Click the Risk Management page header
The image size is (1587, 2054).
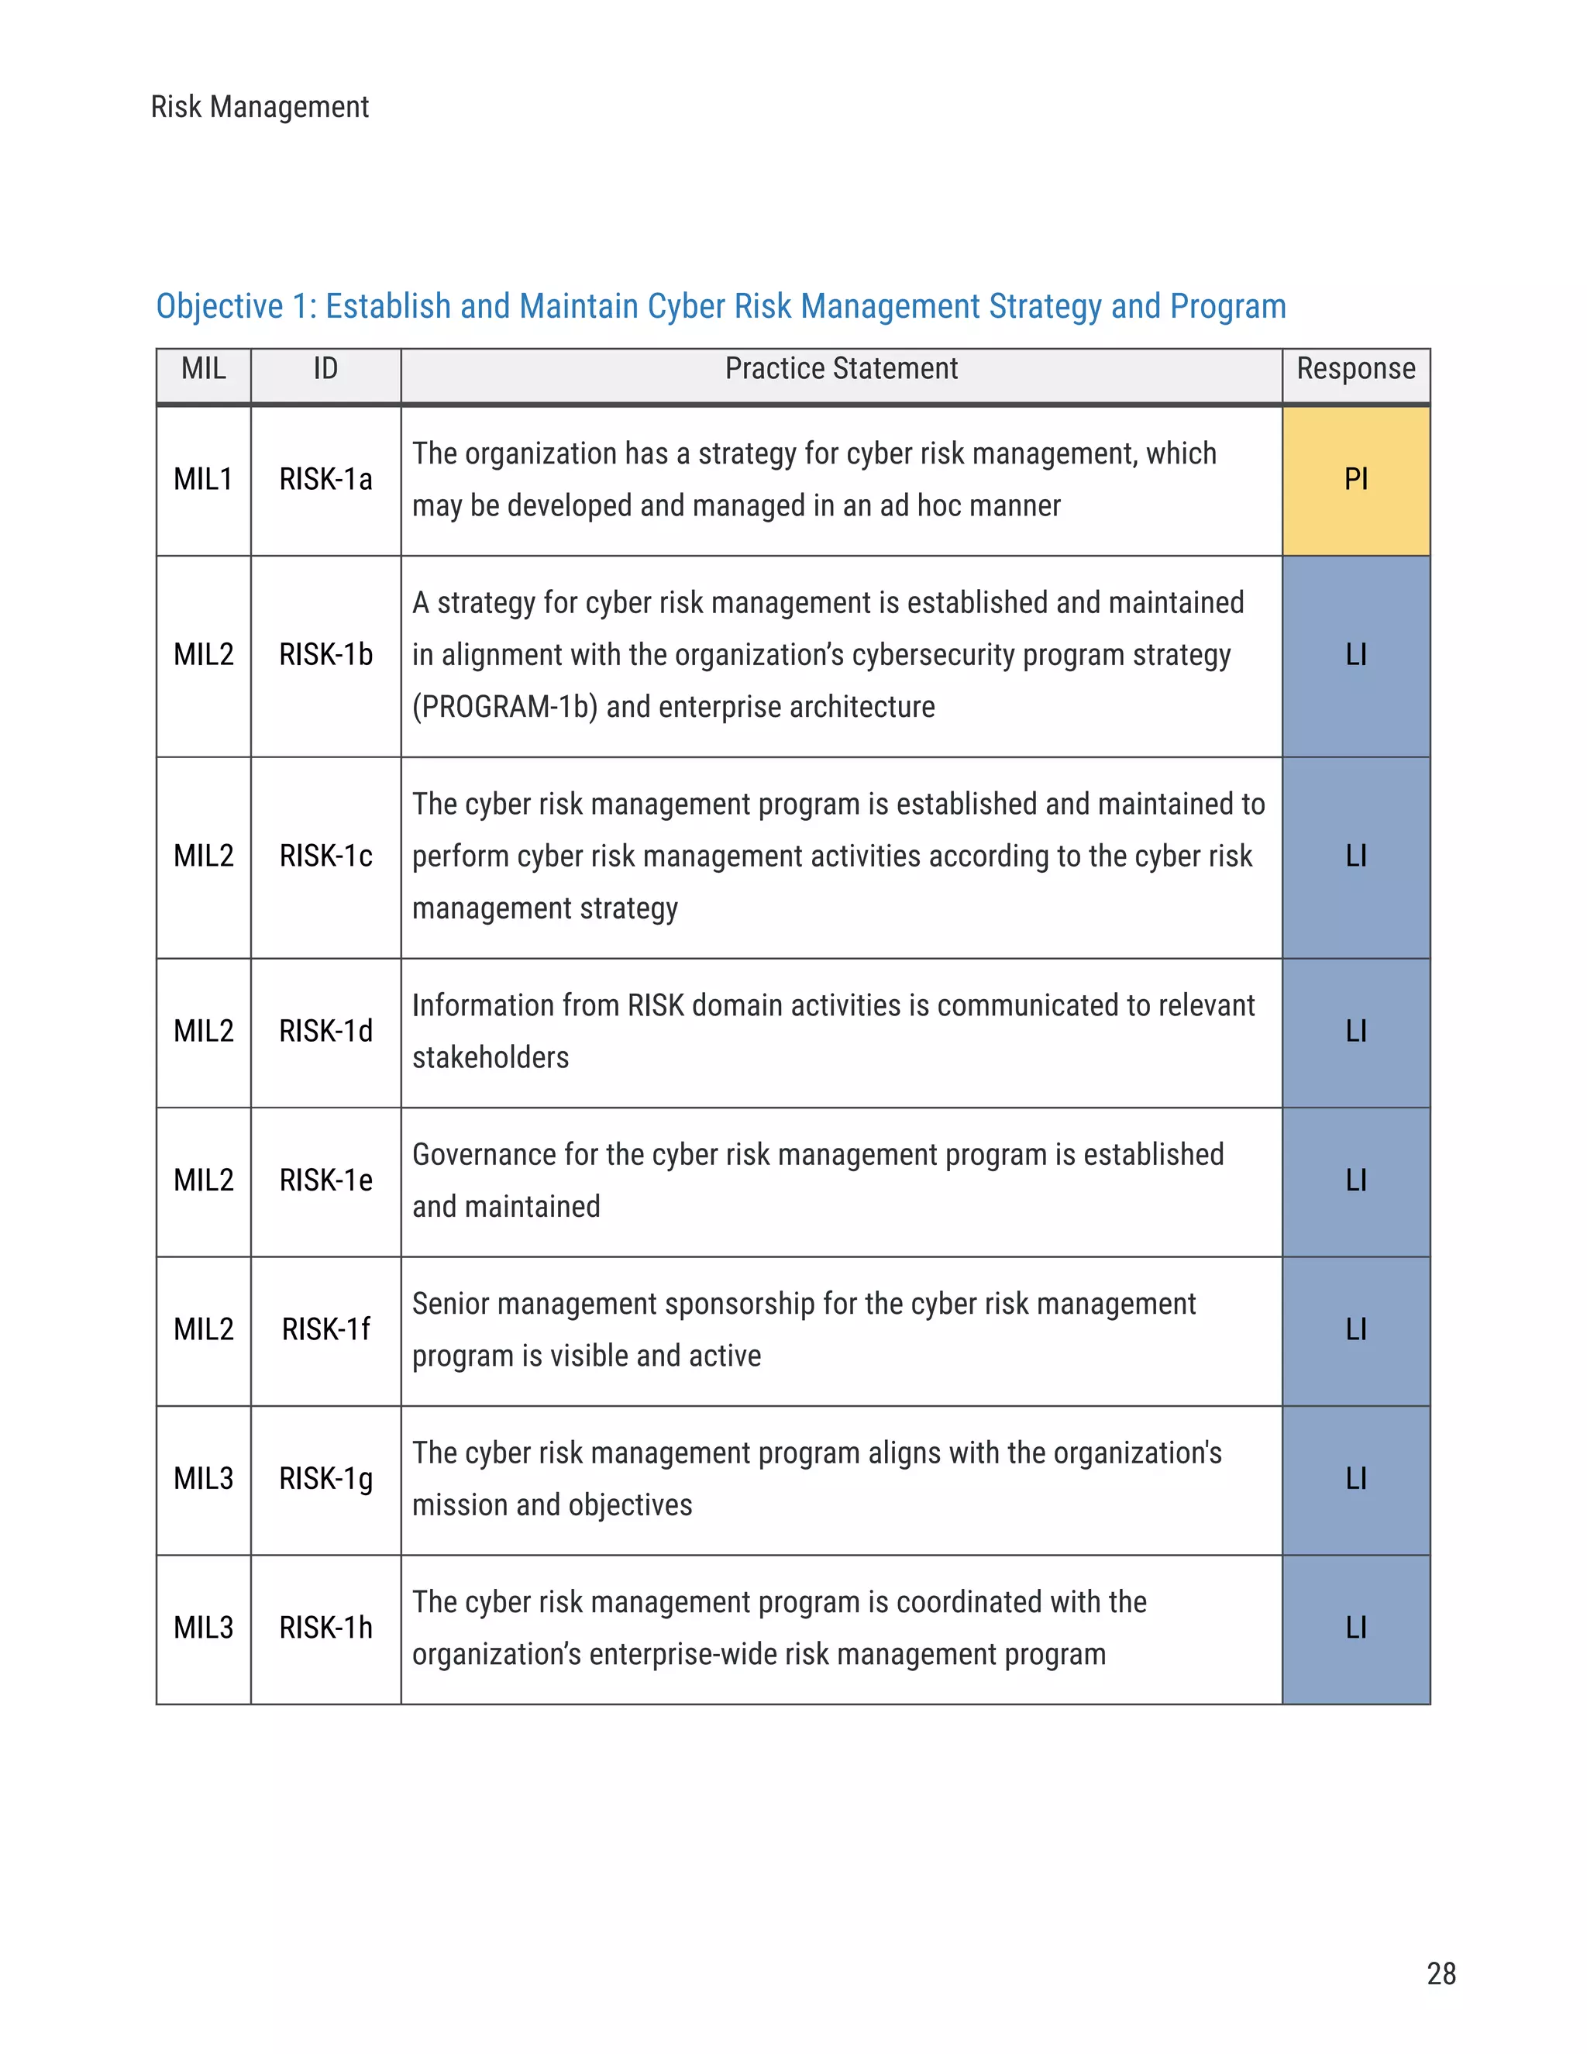pyautogui.click(x=260, y=107)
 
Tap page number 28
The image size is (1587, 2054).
pyautogui.click(x=1441, y=1973)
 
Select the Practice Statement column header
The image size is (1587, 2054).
pyautogui.click(x=841, y=369)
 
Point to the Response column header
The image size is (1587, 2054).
pyautogui.click(x=1355, y=369)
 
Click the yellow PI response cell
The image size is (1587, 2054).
pyautogui.click(x=1355, y=480)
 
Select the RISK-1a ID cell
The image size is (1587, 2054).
pyautogui.click(x=325, y=480)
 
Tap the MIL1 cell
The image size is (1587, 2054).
pyautogui.click(x=203, y=480)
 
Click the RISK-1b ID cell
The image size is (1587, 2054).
pyautogui.click(x=325, y=655)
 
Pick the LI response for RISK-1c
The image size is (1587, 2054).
pyautogui.click(x=1355, y=856)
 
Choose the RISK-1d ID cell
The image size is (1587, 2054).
pyautogui.click(x=325, y=1032)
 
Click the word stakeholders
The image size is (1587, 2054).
pyautogui.click(x=490, y=1058)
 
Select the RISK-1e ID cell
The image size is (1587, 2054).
pyautogui.click(x=325, y=1180)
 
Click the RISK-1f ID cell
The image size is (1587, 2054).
pyautogui.click(x=325, y=1330)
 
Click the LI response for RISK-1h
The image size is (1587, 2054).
pyautogui.click(x=1355, y=1628)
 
